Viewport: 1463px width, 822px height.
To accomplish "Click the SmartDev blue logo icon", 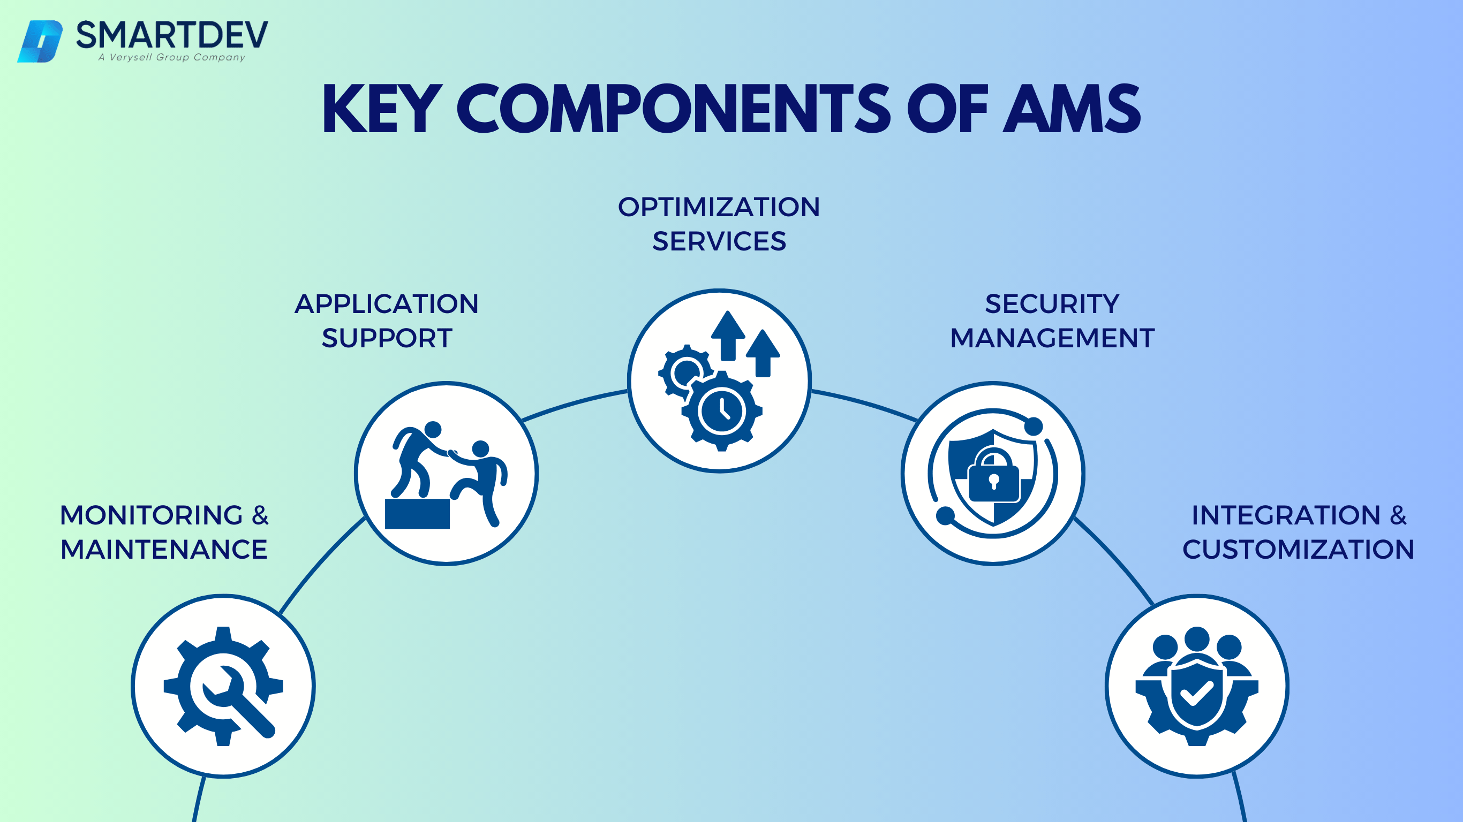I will coord(40,41).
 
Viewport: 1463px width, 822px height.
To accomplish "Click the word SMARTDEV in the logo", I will coord(171,35).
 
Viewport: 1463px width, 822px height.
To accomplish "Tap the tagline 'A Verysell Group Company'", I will coord(171,57).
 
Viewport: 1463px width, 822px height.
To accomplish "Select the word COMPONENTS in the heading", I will coord(674,109).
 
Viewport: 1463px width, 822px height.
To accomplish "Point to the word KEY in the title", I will coord(382,109).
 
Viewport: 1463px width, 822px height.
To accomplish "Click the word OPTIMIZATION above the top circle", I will coord(719,207).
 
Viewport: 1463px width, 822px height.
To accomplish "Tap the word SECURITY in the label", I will coord(1052,304).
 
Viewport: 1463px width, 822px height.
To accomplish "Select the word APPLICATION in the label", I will coord(386,304).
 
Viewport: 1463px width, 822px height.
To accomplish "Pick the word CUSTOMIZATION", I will coord(1298,550).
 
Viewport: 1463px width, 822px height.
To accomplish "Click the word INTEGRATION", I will coord(1286,515).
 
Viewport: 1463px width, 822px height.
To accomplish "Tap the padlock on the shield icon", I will coord(993,477).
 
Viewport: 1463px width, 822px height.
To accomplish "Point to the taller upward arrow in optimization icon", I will coord(728,335).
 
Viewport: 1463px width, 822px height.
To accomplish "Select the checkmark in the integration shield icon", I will coord(1197,694).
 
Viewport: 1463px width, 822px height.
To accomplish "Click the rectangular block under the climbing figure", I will coord(418,514).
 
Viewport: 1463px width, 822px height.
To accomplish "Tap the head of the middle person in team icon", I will coord(1197,638).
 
